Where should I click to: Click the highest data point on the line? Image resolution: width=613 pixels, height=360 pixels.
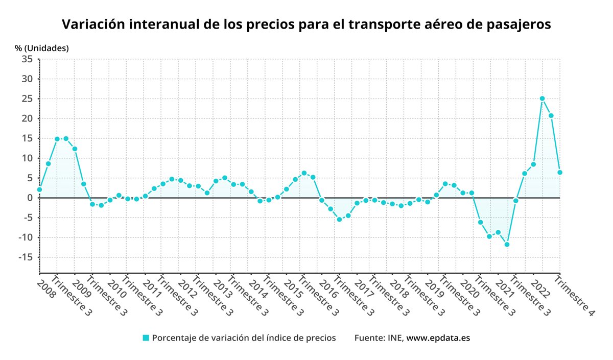click(542, 99)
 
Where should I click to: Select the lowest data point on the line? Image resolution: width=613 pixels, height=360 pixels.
click(507, 244)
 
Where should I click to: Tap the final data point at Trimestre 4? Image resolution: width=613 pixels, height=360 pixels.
click(560, 173)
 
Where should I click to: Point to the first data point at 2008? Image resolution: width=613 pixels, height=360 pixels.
click(39, 189)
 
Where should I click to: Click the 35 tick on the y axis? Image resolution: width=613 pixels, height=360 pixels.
click(27, 59)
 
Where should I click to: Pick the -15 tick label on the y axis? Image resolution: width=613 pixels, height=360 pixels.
click(26, 257)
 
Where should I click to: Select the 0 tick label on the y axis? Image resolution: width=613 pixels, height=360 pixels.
click(30, 198)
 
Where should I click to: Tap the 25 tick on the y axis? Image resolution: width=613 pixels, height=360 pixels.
click(27, 99)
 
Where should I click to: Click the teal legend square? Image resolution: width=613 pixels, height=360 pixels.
click(146, 338)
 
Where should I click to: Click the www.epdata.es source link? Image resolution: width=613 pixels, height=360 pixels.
click(438, 338)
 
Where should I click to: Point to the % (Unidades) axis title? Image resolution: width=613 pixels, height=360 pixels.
click(42, 48)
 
